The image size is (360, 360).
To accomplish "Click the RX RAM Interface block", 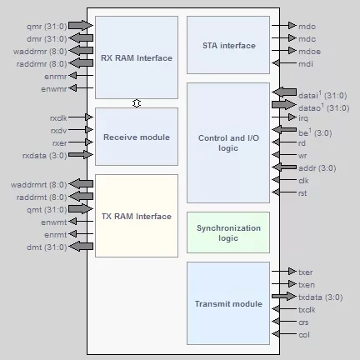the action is (137, 57).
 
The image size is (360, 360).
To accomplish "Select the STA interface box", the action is (228, 45).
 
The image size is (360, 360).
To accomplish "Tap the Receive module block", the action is (137, 137).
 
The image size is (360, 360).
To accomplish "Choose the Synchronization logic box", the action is (228, 232).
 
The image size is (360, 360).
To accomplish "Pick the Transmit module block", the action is (228, 303).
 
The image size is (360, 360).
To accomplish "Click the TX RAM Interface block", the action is (137, 216).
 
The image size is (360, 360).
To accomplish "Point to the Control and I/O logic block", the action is (228, 142).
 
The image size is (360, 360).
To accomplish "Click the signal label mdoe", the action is (309, 52).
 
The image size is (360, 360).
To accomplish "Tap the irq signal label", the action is (303, 118).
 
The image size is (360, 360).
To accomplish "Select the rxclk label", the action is (58, 118).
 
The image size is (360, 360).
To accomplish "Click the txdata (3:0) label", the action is (321, 297).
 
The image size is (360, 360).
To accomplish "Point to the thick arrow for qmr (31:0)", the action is (81, 25).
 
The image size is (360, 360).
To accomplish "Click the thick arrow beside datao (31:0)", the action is (284, 105).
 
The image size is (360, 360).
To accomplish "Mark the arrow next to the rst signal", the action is (284, 192).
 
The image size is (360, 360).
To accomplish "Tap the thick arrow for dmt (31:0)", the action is (81, 247).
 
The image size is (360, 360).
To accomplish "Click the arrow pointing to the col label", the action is (284, 333).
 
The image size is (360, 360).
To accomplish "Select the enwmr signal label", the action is (54, 89).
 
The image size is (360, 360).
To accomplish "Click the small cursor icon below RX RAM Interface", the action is (137, 103).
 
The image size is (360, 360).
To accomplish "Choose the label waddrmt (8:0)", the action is (39, 185).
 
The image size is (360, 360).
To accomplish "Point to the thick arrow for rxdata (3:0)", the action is (81, 154).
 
